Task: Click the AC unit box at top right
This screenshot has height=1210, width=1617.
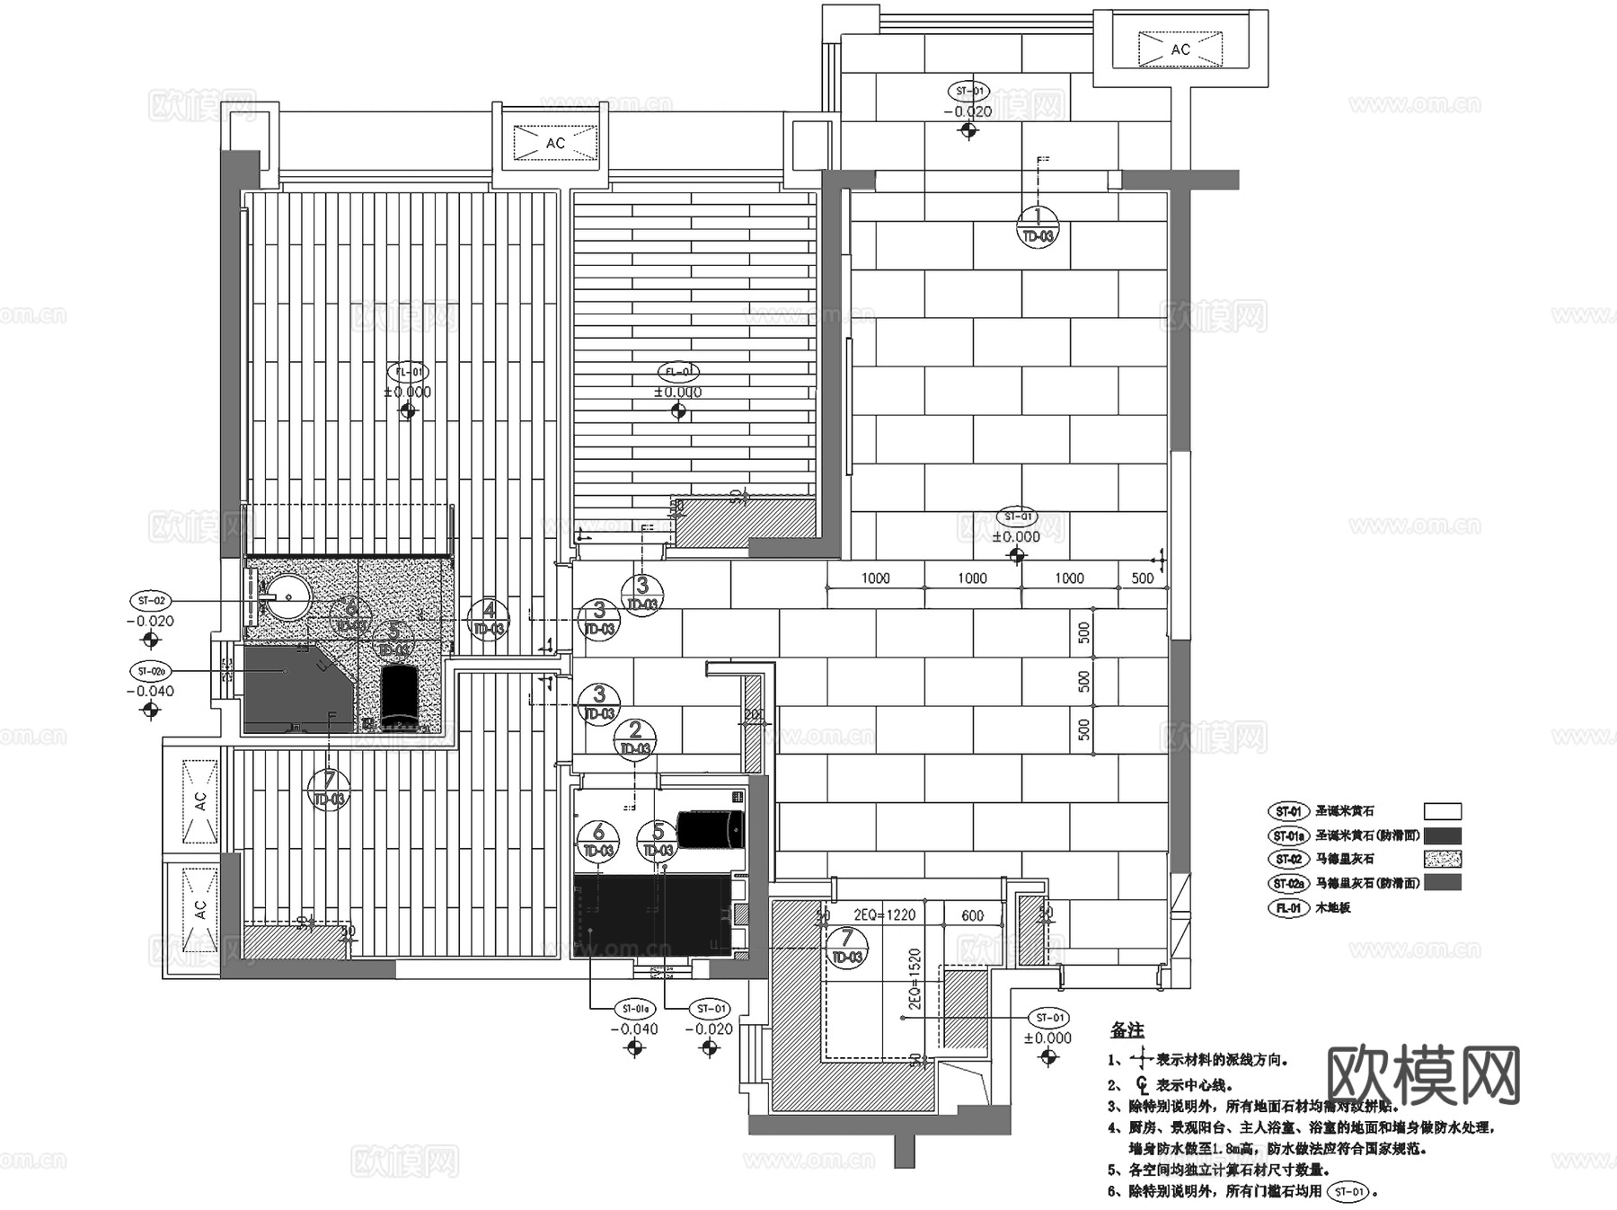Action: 1180,49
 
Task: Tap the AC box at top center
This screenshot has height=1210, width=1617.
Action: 555,143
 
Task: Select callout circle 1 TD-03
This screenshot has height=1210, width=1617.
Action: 1038,225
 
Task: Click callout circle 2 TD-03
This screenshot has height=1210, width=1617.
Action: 635,739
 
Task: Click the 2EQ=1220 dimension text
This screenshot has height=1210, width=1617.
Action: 884,914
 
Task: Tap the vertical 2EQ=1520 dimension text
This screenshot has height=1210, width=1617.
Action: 915,979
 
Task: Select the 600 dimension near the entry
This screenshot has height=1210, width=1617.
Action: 972,915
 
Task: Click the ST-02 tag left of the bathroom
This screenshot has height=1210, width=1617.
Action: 152,600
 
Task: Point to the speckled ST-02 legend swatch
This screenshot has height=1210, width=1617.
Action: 1442,859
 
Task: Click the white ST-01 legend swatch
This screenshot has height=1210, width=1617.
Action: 1442,811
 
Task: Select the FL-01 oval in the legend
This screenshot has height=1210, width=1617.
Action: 1288,907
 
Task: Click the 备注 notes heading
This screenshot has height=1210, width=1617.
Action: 1127,1030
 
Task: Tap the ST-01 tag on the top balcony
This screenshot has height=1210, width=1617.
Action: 968,92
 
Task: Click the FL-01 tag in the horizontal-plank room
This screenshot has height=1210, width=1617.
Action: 678,372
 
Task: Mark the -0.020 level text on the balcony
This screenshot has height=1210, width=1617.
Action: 968,112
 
